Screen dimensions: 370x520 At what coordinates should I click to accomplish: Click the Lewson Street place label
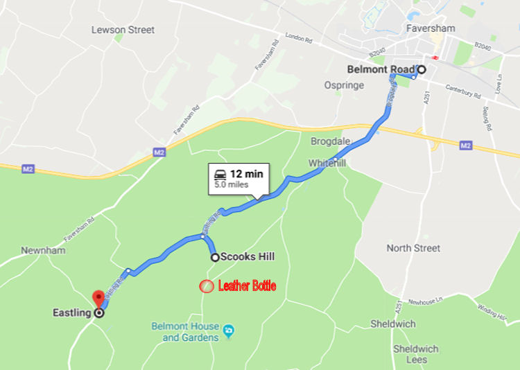coord(123,30)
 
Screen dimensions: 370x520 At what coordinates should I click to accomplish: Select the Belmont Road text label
coord(380,69)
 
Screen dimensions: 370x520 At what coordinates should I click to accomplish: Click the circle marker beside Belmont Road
coord(421,69)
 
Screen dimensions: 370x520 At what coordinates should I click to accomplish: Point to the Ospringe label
coord(344,85)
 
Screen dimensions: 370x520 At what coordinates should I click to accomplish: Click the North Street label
coord(413,248)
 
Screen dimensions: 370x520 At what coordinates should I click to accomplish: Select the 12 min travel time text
coord(247,173)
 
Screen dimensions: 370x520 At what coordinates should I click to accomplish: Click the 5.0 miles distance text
coord(231,185)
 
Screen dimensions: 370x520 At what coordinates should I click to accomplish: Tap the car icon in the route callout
coord(220,173)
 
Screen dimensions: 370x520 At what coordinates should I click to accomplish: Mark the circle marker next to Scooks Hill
coord(215,257)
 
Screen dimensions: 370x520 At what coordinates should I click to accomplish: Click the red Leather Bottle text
coord(247,285)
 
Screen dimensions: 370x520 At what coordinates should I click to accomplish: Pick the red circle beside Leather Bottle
coord(206,285)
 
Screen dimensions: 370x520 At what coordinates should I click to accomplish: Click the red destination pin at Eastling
coord(98,299)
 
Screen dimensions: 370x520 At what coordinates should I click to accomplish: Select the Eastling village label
coord(71,312)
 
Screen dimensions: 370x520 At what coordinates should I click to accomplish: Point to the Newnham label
coord(43,250)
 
